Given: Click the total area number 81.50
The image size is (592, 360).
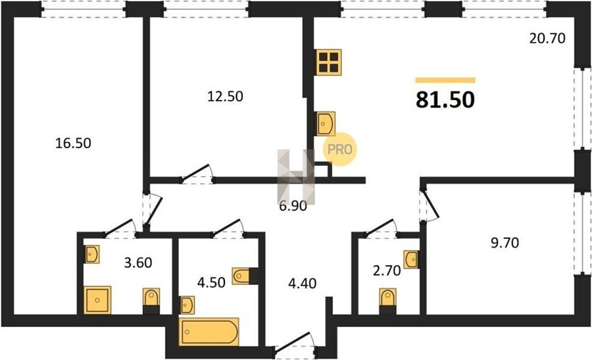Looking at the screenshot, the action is tap(445, 100).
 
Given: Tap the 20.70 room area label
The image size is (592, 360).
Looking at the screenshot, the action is tap(547, 38).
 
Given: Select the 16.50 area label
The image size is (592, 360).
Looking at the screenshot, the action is tap(73, 143).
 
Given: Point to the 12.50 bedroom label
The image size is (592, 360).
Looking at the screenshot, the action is tap(226, 96).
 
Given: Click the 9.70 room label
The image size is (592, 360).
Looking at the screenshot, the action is tap(505, 242).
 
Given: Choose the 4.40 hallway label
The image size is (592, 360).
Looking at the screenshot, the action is tap(303, 283).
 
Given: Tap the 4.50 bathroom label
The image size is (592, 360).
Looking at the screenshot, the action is tap(211, 282).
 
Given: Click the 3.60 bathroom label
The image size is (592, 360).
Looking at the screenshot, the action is tap(138, 262).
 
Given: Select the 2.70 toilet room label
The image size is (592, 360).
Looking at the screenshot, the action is tap(387, 270).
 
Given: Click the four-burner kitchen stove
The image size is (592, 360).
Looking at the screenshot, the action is tap(328, 63).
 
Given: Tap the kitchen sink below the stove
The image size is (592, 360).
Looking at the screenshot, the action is tap(325, 124).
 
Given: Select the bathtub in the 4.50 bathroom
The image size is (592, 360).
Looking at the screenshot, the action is tap(209, 332).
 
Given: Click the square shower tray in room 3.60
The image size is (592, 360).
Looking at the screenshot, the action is tap(97, 300).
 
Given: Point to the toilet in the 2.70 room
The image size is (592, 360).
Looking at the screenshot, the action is tap(387, 301).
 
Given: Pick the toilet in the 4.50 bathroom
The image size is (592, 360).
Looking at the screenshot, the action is tap(245, 276).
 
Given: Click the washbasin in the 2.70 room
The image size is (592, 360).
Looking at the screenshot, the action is tap(410, 259).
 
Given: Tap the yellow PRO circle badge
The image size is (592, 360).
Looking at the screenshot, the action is tap(339, 149).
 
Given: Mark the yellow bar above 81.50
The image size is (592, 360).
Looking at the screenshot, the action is tap(445, 80).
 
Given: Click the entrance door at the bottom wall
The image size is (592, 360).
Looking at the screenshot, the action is tap(295, 346).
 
